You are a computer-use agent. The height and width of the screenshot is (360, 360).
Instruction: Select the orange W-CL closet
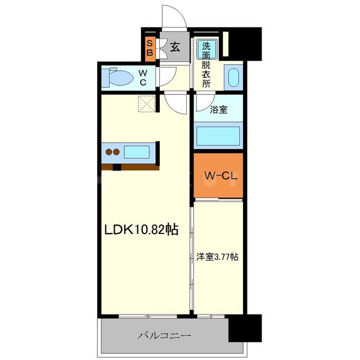point(218,175)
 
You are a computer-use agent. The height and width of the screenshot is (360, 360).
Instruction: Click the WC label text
point(143,78)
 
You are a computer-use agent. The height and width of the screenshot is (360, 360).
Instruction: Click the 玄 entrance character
point(175,47)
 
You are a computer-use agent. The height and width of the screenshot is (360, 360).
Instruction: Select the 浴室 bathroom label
point(219,110)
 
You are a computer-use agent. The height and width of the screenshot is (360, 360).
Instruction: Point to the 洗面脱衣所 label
point(207,65)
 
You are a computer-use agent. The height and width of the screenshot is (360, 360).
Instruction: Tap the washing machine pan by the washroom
point(233,78)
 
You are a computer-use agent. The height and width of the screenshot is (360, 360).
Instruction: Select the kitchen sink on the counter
point(136,152)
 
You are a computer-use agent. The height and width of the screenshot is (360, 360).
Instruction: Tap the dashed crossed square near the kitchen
point(148,104)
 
